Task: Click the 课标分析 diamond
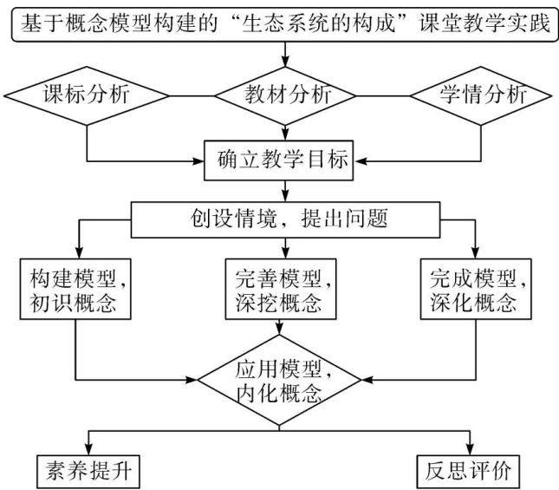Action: pos(87,96)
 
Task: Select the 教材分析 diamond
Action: pos(285,96)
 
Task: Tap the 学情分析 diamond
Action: pos(481,96)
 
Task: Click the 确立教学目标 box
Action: pos(278,160)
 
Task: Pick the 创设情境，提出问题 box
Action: pos(285,219)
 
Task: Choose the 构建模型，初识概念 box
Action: pos(75,289)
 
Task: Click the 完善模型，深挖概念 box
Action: pos(281,289)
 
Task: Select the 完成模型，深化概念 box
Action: pos(476,289)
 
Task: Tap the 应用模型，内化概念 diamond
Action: pos(279,380)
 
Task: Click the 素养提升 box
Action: pos(88,472)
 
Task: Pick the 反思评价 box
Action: pos(468,472)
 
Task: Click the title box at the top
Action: pos(285,24)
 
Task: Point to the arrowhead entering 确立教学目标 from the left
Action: pos(199,161)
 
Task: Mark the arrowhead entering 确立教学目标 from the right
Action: pos(360,161)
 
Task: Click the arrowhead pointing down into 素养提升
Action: pos(88,449)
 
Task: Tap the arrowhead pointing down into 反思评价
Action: pos(470,449)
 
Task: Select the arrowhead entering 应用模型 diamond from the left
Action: pos(192,380)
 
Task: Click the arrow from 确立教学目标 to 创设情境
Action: pos(285,191)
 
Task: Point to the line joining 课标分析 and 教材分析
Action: pos(192,96)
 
